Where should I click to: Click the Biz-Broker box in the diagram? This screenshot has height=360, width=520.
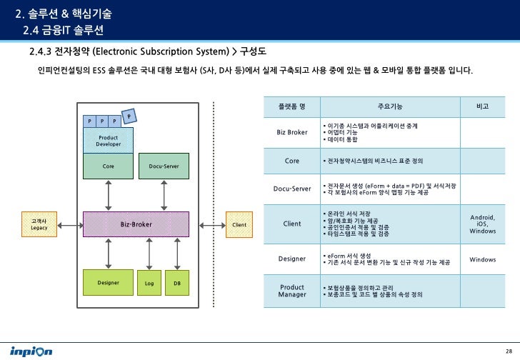tap(136, 224)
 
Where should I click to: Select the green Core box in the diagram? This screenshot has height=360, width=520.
tap(108, 166)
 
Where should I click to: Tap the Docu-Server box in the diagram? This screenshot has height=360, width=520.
tap(164, 166)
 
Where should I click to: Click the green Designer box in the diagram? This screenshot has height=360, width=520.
tap(108, 282)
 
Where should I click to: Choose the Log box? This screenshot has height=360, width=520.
tap(149, 283)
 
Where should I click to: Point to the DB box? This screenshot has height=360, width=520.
tap(176, 283)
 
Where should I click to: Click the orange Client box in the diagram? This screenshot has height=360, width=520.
tap(239, 224)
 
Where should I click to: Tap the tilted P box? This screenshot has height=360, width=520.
tap(129, 116)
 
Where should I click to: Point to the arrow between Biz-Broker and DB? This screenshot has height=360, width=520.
tap(176, 253)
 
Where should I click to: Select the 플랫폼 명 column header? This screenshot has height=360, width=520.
tap(291, 106)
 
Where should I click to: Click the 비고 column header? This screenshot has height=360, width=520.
tap(482, 106)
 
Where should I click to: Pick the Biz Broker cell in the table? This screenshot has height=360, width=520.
tap(291, 132)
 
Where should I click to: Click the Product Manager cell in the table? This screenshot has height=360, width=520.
tap(291, 291)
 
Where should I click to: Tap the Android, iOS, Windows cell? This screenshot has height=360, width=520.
tap(482, 224)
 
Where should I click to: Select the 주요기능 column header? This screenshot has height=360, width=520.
tap(389, 106)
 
